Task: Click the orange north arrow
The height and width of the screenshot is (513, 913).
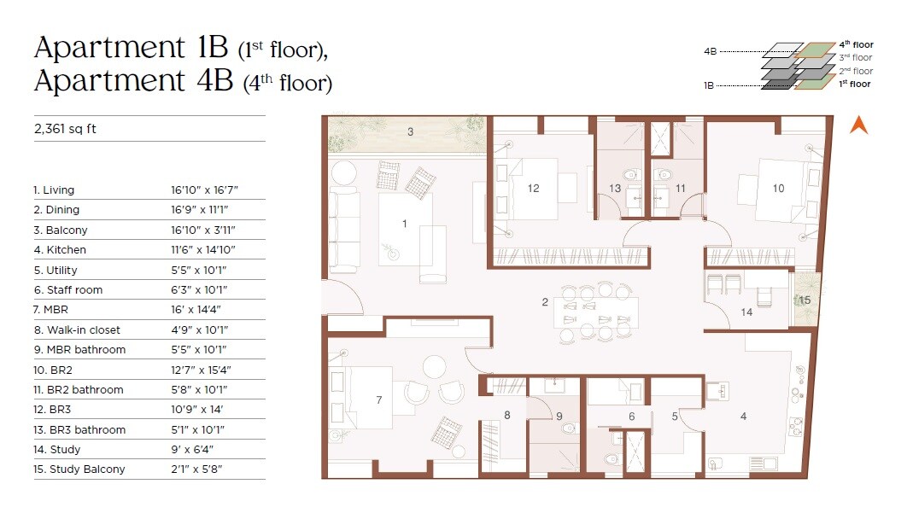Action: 859,125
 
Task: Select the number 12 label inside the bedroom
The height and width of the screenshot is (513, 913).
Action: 533,189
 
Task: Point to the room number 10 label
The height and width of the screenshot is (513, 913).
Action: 778,189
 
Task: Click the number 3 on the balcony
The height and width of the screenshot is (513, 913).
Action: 410,131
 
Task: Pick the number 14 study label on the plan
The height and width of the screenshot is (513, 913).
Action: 746,312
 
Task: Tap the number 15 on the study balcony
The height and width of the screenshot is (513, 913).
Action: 805,300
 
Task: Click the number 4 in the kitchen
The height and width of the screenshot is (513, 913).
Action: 743,417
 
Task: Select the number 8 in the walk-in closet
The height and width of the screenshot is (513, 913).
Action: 506,416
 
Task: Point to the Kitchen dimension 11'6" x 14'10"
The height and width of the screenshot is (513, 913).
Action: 202,250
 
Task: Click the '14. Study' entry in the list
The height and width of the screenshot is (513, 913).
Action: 57,450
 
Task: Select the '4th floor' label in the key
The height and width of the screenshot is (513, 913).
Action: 856,44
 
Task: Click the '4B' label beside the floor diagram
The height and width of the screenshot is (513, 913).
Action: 710,51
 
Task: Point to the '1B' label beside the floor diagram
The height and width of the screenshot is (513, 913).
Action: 710,86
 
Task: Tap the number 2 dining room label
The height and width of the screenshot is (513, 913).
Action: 544,302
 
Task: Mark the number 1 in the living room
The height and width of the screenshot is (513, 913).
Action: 405,224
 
